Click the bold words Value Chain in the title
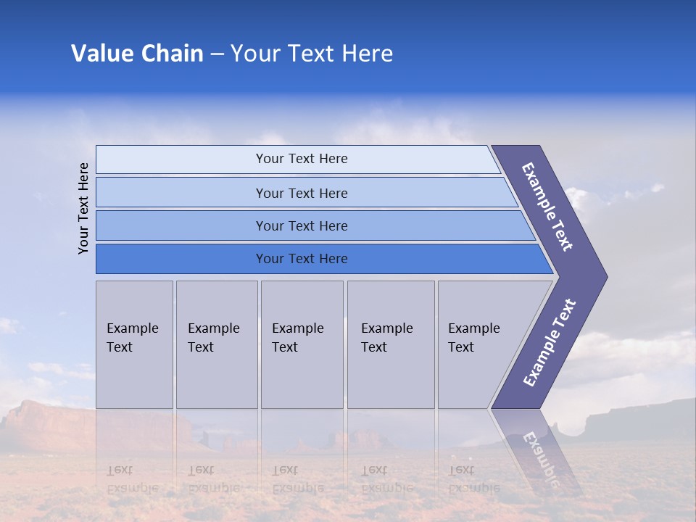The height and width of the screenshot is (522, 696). click(137, 54)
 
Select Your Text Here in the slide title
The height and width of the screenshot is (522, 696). click(312, 54)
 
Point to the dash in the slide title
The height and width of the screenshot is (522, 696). click(217, 54)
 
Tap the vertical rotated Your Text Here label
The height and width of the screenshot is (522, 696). click(84, 208)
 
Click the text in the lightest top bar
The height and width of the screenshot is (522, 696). click(302, 159)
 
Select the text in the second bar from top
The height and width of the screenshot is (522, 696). click(302, 193)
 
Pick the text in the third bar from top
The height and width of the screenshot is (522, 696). click(302, 225)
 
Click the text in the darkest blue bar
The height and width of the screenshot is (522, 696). click(302, 258)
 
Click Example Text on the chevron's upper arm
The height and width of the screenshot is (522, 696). click(547, 207)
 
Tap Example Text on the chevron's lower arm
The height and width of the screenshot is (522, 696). click(550, 342)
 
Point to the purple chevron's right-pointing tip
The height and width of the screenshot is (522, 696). click(603, 276)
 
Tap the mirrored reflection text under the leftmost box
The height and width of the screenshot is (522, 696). click(132, 478)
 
